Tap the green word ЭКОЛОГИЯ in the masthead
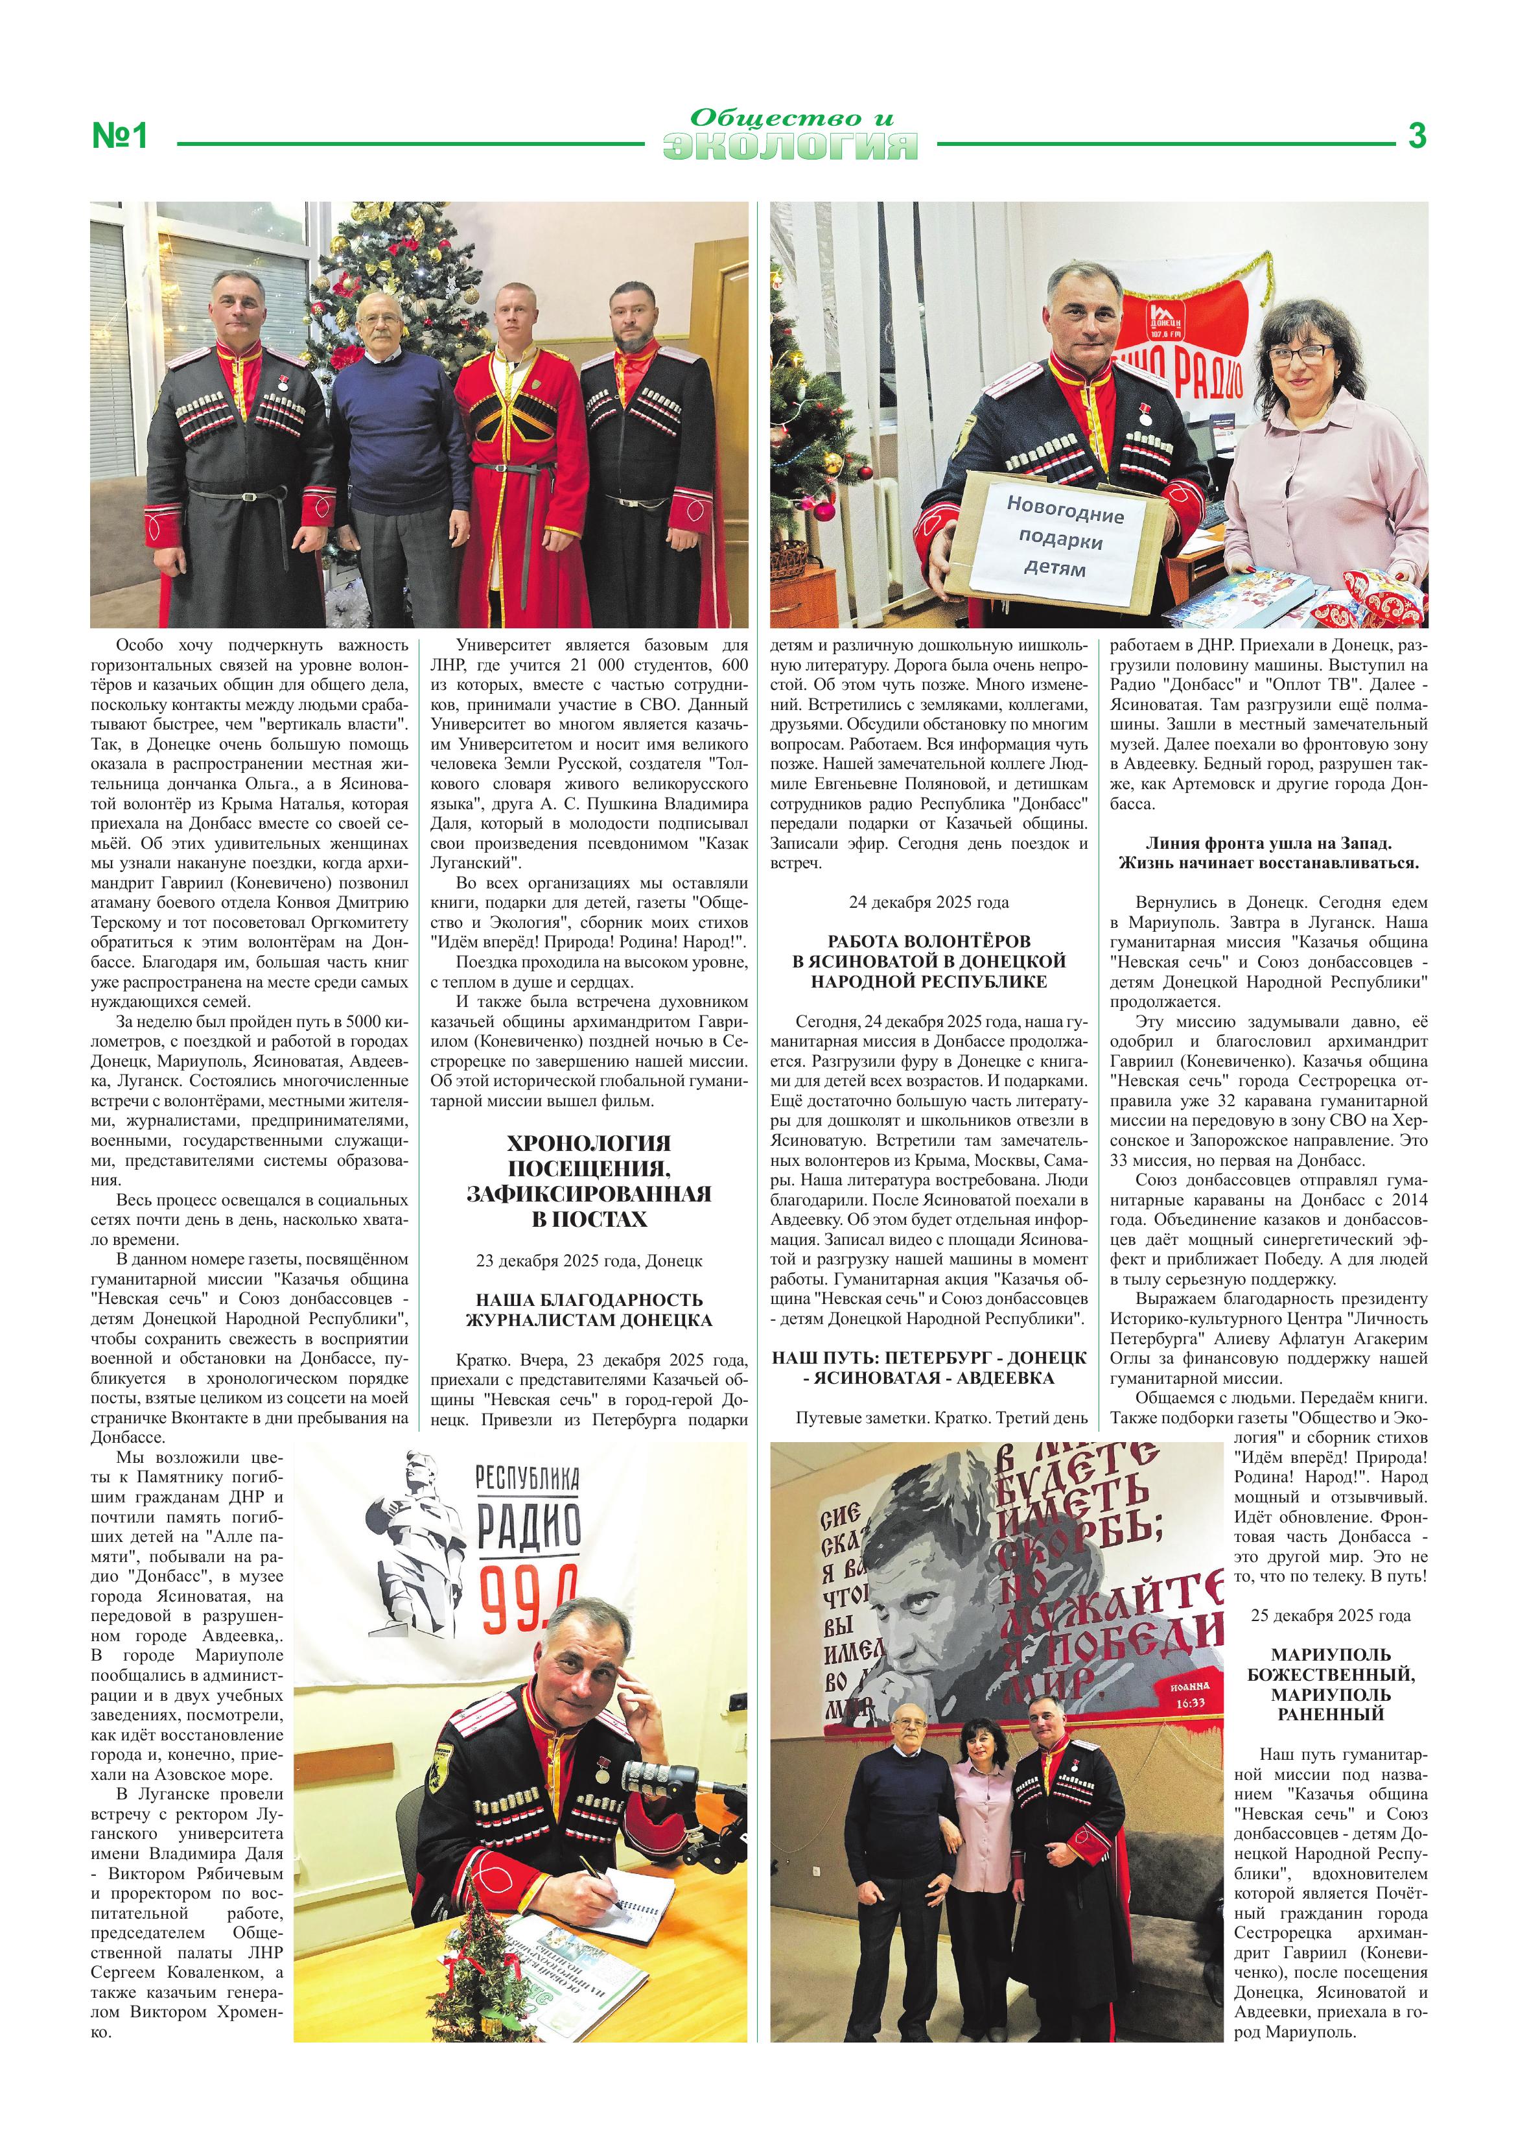tap(790, 147)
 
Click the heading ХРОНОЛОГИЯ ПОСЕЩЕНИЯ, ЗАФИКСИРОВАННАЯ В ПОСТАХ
tap(589, 1181)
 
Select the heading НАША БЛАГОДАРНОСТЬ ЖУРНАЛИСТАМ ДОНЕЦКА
tap(589, 1310)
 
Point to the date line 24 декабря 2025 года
tap(929, 903)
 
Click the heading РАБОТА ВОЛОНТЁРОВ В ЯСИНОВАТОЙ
tap(929, 962)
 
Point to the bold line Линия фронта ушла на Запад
tap(1268, 843)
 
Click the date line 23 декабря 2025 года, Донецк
tap(589, 1261)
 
